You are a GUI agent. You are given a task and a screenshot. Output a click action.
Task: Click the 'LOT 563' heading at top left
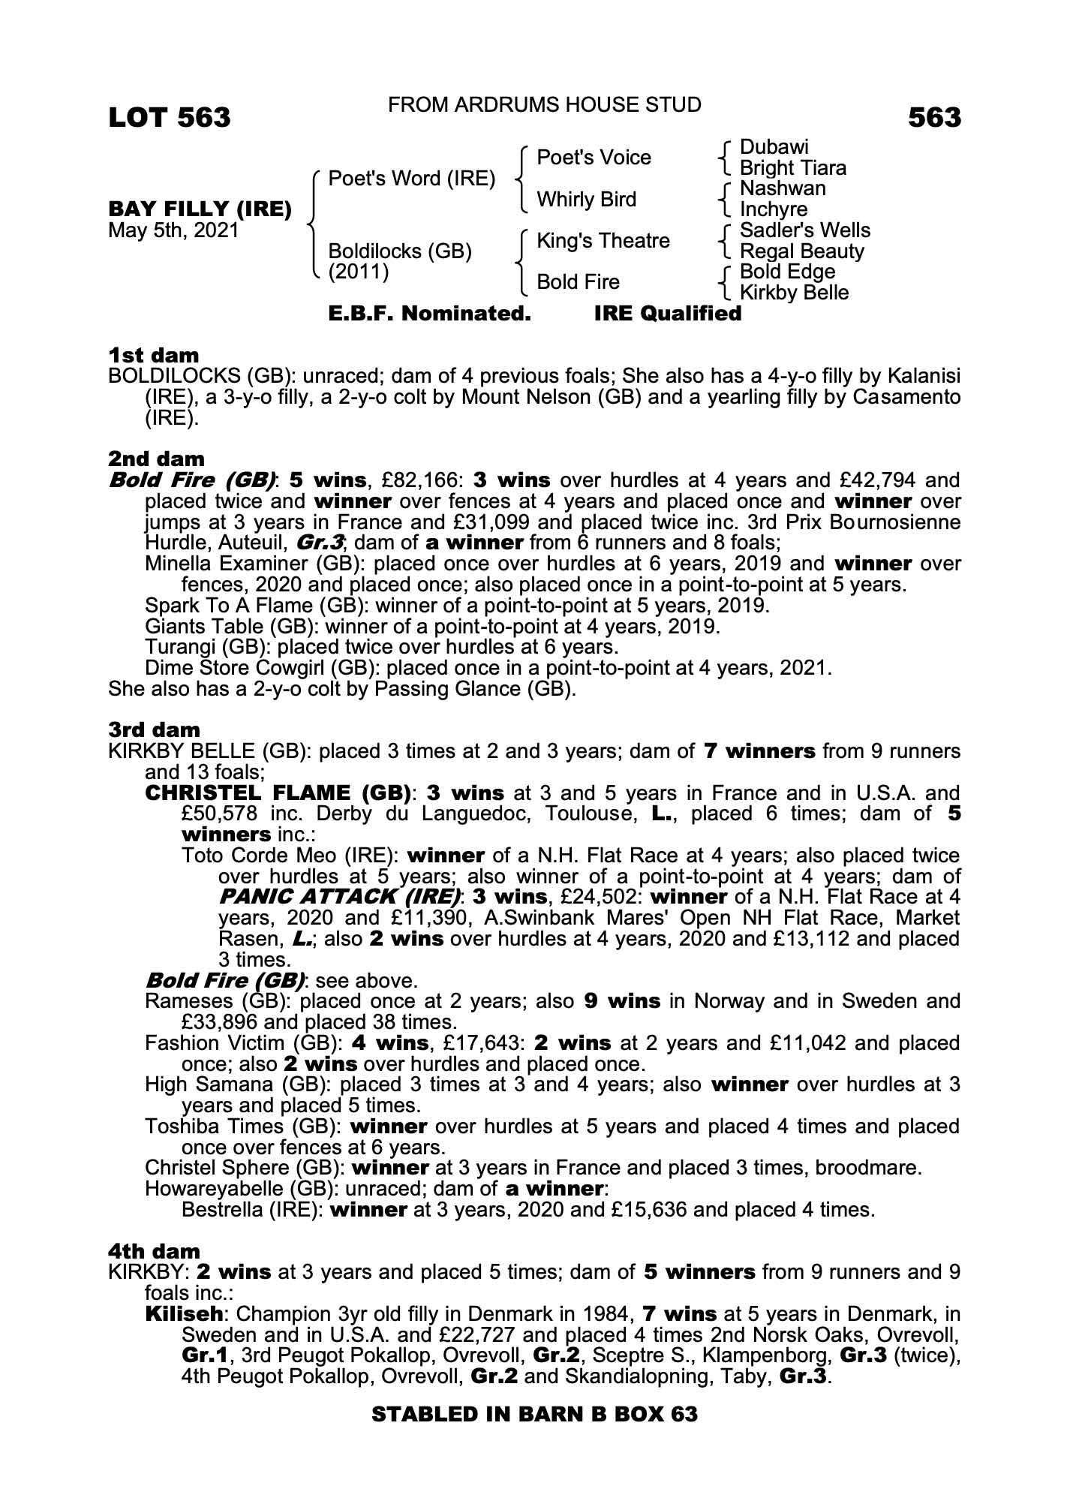pyautogui.click(x=170, y=118)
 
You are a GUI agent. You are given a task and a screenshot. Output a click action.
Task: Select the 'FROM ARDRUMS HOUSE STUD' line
pyautogui.click(x=544, y=105)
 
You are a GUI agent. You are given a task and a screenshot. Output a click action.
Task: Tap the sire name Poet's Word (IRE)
pyautogui.click(x=412, y=179)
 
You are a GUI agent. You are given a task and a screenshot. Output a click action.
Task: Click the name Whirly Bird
pyautogui.click(x=586, y=200)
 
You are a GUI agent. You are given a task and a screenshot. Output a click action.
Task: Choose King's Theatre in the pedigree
pyautogui.click(x=603, y=241)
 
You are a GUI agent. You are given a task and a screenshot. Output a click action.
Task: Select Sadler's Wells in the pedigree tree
pyautogui.click(x=804, y=230)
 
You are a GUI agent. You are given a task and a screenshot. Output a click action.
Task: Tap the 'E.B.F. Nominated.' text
pyautogui.click(x=430, y=314)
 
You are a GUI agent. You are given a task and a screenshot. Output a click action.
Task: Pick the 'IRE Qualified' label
pyautogui.click(x=667, y=314)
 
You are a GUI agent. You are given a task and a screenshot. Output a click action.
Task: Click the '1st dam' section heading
pyautogui.click(x=154, y=355)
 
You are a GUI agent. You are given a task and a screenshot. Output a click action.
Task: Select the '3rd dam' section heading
pyautogui.click(x=154, y=730)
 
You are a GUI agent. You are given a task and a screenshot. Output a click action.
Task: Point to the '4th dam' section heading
pyautogui.click(x=154, y=1252)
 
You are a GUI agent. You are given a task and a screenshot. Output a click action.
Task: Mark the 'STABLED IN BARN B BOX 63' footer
pyautogui.click(x=534, y=1415)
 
